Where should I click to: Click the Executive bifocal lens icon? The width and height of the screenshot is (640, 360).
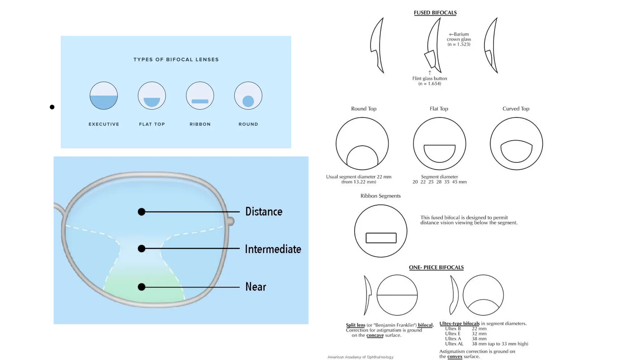[103, 96]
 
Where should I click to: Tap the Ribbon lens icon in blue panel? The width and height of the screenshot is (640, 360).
[200, 96]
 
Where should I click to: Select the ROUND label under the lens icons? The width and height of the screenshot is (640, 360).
[248, 124]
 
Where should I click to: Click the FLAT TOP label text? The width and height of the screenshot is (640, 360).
[152, 124]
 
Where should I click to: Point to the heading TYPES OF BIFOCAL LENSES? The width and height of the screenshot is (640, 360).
[176, 59]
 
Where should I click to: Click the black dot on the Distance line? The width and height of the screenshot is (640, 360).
[142, 212]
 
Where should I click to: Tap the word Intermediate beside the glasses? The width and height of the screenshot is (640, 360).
[273, 249]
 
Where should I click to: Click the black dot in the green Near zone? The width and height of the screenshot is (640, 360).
[142, 287]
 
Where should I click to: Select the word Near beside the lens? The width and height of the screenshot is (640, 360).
[256, 287]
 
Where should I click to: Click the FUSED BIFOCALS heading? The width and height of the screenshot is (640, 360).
[435, 13]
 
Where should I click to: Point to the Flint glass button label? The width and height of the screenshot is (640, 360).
[429, 78]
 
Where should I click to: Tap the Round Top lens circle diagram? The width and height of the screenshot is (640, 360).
[362, 143]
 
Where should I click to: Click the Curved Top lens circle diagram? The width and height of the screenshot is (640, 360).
[516, 143]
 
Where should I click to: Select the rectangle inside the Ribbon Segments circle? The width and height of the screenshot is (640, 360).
[381, 238]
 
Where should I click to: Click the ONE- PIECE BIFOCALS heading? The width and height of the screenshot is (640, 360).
[436, 267]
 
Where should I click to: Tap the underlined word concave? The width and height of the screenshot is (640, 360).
[375, 335]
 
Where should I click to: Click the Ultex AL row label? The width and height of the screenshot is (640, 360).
[454, 344]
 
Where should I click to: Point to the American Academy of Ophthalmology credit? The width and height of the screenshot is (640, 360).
[360, 357]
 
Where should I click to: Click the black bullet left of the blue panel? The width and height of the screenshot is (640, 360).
[52, 107]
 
